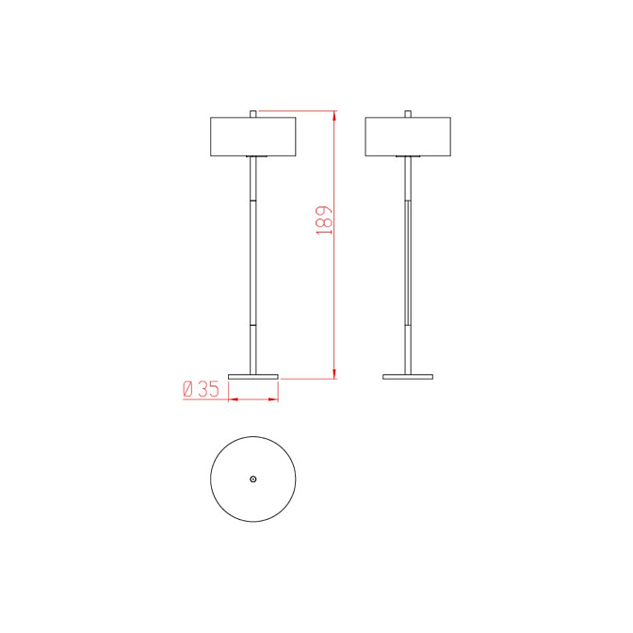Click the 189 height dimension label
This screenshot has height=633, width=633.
324,220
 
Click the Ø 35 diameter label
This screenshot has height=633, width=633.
201,389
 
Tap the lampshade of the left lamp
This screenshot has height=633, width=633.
253,137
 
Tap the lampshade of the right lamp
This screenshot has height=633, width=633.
408,137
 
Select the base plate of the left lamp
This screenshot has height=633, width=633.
253,377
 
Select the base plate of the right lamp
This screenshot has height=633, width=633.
408,377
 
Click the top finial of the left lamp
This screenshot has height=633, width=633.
253,114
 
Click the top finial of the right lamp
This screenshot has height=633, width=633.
408,114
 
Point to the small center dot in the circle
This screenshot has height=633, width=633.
253,479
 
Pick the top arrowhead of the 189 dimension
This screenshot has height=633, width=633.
334,115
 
